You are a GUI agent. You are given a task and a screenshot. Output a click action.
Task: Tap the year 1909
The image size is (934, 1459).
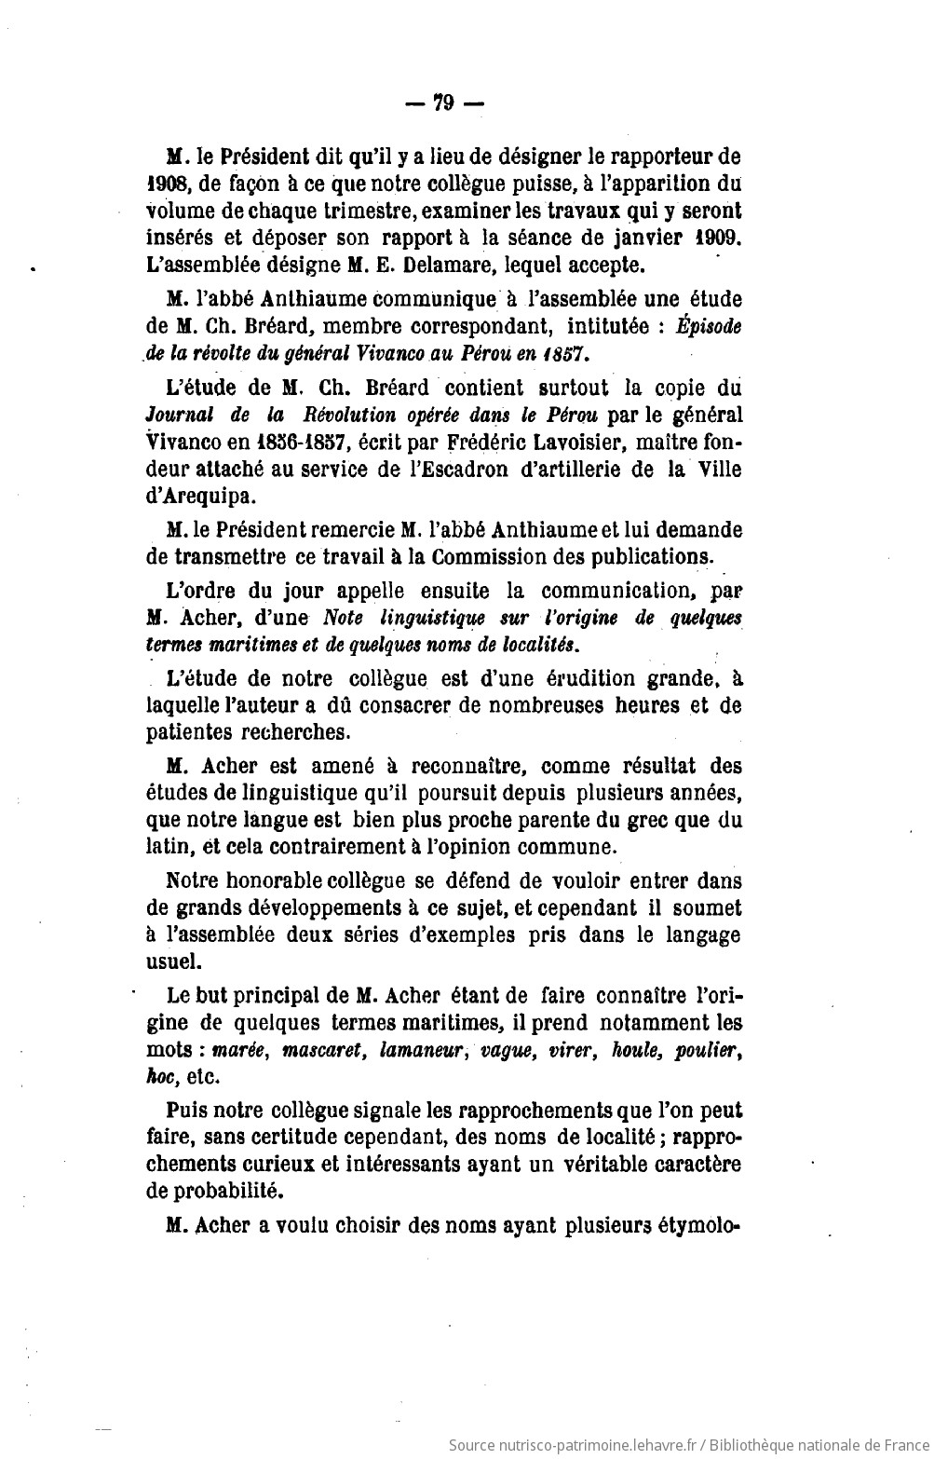(x=718, y=238)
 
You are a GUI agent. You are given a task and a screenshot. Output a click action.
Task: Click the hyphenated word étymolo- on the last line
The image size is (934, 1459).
(x=700, y=1226)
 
